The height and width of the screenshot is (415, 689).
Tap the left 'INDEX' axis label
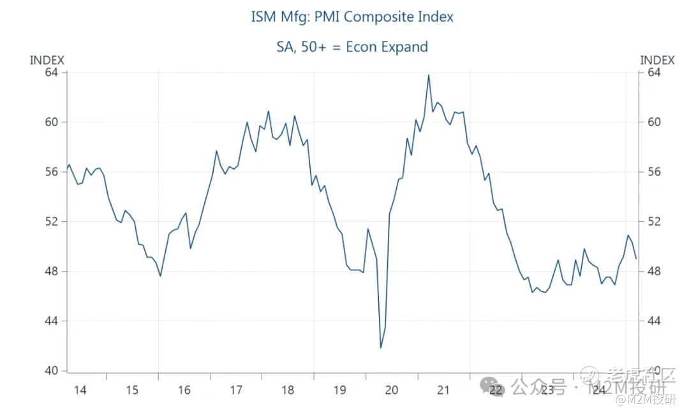[x=47, y=60]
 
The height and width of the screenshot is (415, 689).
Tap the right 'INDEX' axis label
[x=657, y=60]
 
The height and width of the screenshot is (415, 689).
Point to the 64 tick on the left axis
[x=51, y=72]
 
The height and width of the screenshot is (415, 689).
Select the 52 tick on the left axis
[x=51, y=221]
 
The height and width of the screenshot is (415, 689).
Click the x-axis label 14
[x=80, y=390]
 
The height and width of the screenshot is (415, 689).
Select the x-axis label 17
[x=235, y=390]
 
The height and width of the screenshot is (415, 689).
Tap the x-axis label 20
[x=391, y=390]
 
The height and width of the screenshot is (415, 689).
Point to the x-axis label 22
[x=496, y=390]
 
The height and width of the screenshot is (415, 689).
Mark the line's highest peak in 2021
[x=428, y=75]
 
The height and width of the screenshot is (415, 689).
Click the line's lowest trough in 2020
[x=381, y=347]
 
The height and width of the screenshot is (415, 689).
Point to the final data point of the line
[x=636, y=258]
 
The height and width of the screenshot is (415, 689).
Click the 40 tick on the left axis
[x=51, y=370]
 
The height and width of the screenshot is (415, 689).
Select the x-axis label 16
[x=184, y=390]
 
